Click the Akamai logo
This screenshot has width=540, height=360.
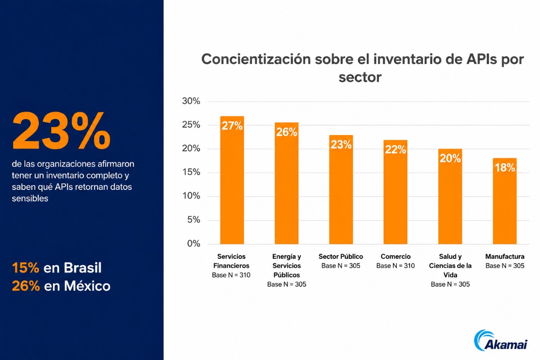click(x=500, y=341)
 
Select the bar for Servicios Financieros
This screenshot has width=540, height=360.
click(x=232, y=180)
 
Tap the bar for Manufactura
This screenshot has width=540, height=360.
click(x=504, y=201)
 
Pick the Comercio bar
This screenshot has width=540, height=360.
click(x=396, y=192)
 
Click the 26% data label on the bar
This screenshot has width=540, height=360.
click(x=286, y=132)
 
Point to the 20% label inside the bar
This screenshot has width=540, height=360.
click(x=450, y=158)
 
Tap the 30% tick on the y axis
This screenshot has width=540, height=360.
click(x=191, y=101)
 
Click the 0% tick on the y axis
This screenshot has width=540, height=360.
click(x=193, y=243)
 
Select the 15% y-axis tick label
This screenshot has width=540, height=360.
click(x=191, y=172)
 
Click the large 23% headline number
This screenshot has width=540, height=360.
click(x=61, y=130)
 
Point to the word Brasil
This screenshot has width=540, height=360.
click(x=83, y=268)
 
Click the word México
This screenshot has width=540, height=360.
click(x=87, y=286)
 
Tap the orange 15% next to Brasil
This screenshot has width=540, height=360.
click(x=26, y=268)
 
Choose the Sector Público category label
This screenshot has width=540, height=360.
click(x=341, y=256)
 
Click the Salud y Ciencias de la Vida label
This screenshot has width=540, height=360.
click(x=450, y=265)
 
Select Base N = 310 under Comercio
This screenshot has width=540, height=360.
click(x=396, y=265)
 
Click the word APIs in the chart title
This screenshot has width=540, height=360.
click(x=481, y=59)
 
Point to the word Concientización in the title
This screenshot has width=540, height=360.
click(x=256, y=59)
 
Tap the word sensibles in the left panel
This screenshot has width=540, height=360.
click(x=30, y=198)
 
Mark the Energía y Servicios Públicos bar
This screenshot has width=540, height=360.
click(x=286, y=183)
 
